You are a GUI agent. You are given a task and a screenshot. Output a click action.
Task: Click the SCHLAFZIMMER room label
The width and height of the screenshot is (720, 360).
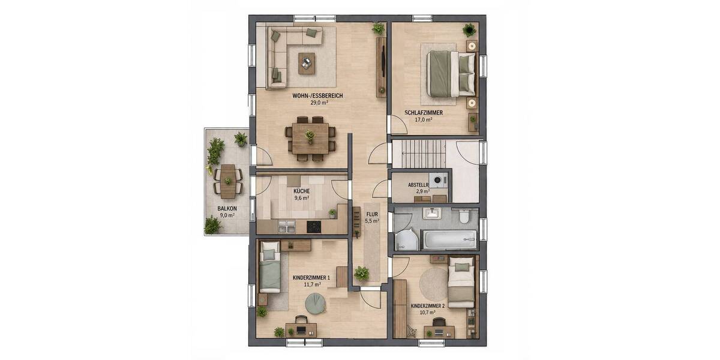point(424,112)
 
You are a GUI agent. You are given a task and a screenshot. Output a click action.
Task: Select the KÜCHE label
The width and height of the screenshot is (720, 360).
point(301,190)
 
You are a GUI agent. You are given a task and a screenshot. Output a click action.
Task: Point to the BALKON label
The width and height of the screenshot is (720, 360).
point(227,208)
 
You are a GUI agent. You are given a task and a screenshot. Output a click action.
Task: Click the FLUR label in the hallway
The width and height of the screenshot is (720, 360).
point(372,212)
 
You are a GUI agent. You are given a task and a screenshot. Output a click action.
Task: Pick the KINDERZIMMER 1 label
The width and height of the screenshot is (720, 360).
point(311,278)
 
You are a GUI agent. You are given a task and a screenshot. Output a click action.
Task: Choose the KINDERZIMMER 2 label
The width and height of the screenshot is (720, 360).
point(428,305)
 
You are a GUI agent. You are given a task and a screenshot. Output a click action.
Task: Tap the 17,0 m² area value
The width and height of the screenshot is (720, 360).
point(424,119)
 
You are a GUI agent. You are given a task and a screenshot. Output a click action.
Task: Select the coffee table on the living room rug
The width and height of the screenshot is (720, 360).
point(307,61)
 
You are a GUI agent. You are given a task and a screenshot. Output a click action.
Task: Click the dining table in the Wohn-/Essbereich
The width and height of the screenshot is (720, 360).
point(310,138)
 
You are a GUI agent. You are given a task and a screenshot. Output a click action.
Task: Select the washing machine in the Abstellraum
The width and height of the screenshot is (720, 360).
point(440,179)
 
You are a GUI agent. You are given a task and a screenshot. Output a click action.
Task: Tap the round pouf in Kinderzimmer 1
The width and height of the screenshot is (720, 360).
point(314,304)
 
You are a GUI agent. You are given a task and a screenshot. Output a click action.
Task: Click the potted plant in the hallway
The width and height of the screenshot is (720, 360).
point(361,274)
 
